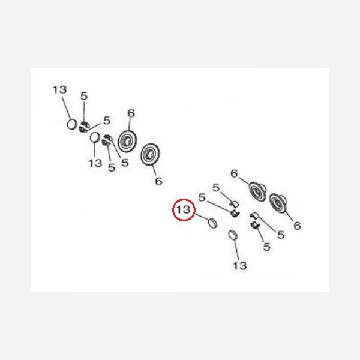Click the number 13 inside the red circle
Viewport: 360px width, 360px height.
pyautogui.click(x=184, y=209)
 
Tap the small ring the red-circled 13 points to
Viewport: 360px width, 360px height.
pyautogui.click(x=212, y=223)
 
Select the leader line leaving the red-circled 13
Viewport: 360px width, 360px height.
pyautogui.click(x=202, y=217)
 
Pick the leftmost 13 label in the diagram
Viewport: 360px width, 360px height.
pyautogui.click(x=59, y=90)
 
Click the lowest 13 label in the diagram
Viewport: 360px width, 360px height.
pyautogui.click(x=239, y=266)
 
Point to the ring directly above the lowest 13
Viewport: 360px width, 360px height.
pyautogui.click(x=233, y=236)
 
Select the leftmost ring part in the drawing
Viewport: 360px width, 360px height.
pyautogui.click(x=71, y=124)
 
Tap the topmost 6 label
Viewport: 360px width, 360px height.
pyautogui.click(x=131, y=113)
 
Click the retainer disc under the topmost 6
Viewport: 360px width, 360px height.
pyautogui.click(x=127, y=141)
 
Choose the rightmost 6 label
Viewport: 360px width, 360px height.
pyautogui.click(x=297, y=226)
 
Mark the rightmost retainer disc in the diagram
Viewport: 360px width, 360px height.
pyautogui.click(x=278, y=203)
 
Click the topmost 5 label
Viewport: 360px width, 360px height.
pyautogui.click(x=84, y=96)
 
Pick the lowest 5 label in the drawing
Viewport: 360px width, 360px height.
pyautogui.click(x=266, y=247)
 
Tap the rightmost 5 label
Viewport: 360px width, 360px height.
pyautogui.click(x=281, y=235)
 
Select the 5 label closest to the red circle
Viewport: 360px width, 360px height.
pyautogui.click(x=202, y=197)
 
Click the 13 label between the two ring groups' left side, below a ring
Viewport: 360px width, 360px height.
pyautogui.click(x=95, y=163)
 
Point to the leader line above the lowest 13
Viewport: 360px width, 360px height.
pyautogui.click(x=237, y=250)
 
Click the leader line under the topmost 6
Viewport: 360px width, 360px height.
pyautogui.click(x=130, y=124)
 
